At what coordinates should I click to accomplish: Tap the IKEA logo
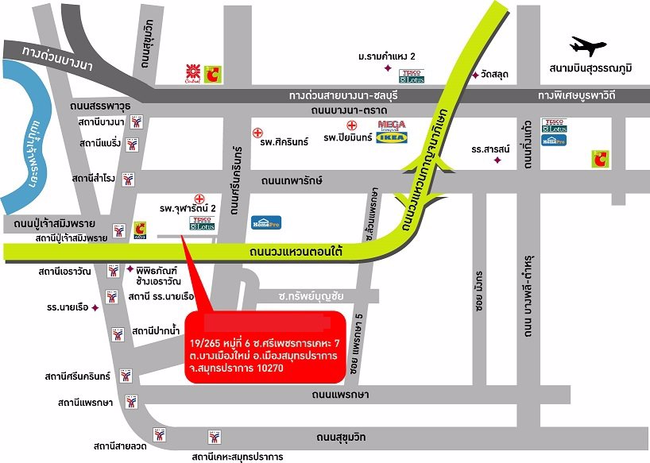(391, 138)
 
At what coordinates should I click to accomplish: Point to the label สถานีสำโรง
(97, 179)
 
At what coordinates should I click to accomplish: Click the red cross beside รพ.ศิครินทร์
(257, 132)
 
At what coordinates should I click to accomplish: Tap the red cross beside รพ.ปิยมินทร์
(350, 125)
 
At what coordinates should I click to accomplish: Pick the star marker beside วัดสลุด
(474, 75)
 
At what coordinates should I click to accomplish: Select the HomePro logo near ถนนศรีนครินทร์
(265, 223)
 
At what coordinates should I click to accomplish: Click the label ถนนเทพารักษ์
(285, 180)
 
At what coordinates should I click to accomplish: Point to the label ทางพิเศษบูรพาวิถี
(588, 95)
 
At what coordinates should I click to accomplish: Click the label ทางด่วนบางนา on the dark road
(58, 60)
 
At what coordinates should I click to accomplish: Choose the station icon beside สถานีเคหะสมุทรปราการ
(214, 437)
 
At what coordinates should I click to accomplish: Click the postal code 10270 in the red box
(321, 370)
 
